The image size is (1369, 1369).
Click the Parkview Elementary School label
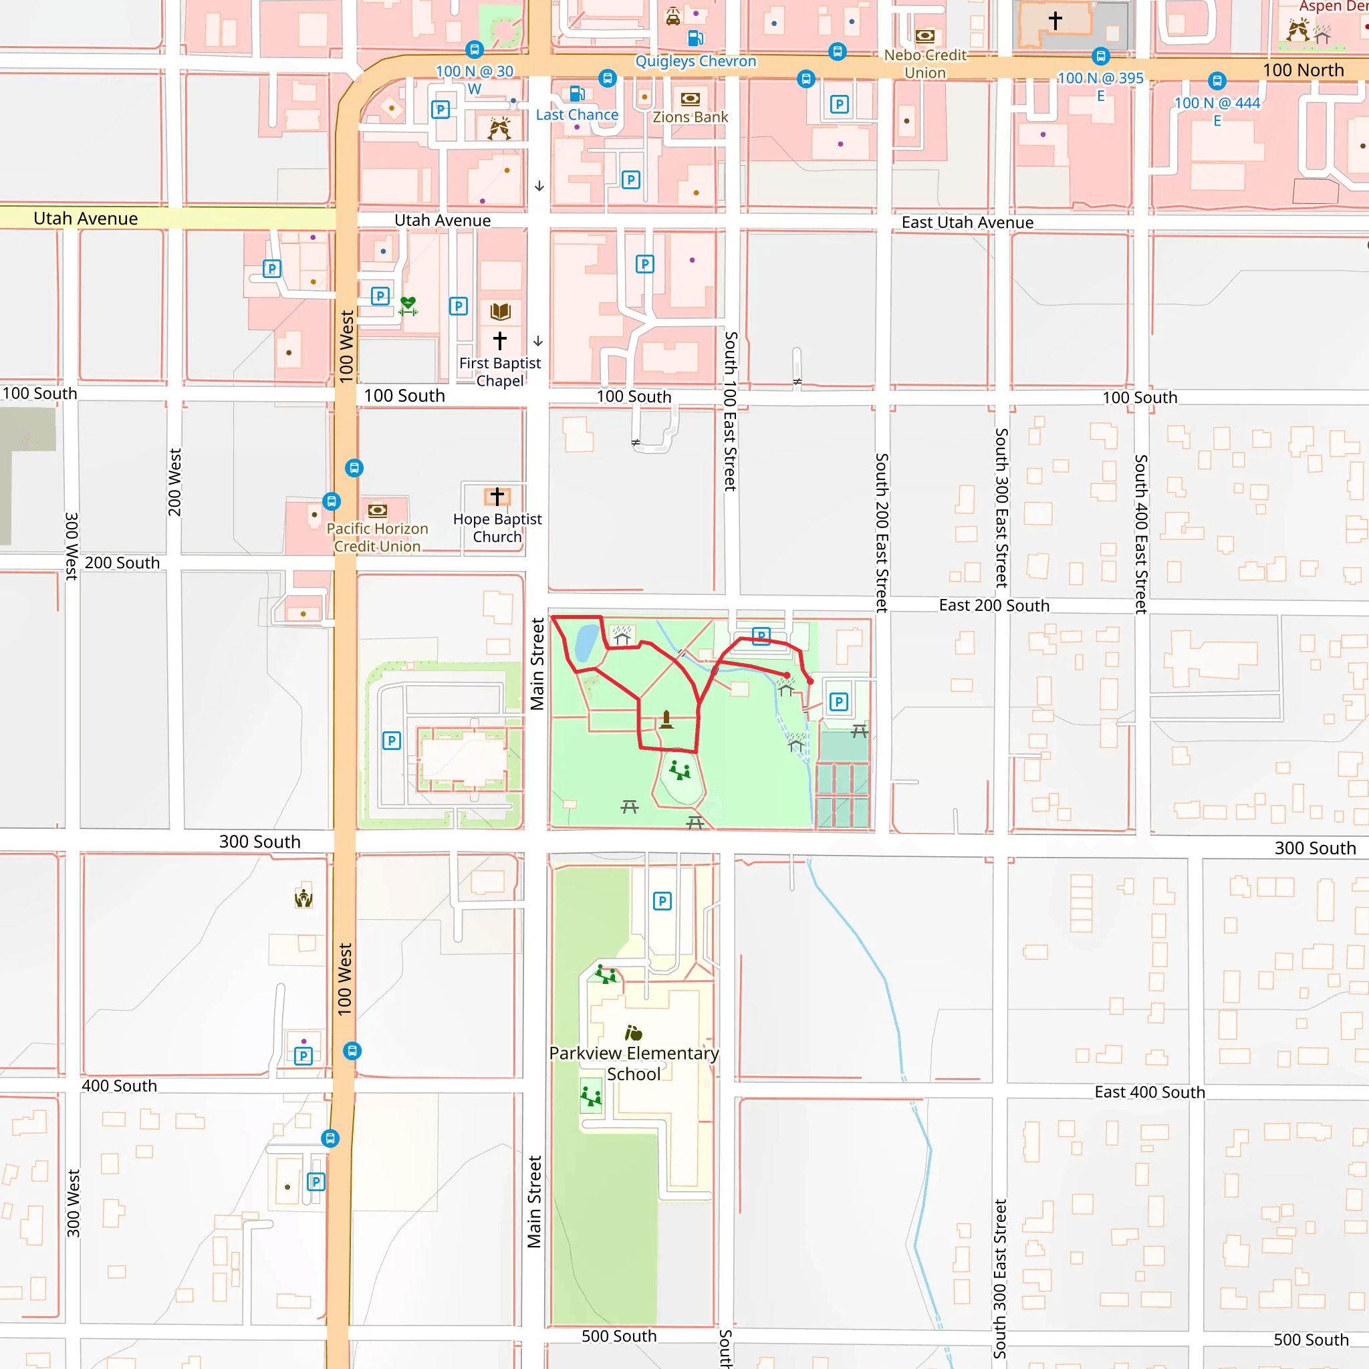(x=634, y=1064)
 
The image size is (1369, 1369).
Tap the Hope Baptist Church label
(x=497, y=528)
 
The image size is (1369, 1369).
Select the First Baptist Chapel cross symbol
(x=499, y=341)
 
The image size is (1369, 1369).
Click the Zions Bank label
(x=690, y=117)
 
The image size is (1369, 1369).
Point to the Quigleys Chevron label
(x=695, y=61)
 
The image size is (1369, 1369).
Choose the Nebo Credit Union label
(x=924, y=64)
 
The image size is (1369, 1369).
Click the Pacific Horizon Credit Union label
(x=377, y=538)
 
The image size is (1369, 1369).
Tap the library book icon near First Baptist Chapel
(x=500, y=311)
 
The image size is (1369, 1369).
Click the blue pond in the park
(x=586, y=642)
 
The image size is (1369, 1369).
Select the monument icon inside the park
(x=666, y=720)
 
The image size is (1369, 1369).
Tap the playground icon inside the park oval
(x=680, y=770)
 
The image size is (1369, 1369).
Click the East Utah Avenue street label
(x=967, y=223)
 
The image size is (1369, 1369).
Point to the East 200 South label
(x=993, y=605)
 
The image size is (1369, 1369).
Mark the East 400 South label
(x=1149, y=1092)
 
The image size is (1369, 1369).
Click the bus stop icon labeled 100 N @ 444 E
(x=1217, y=81)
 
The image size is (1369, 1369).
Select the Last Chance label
(x=577, y=115)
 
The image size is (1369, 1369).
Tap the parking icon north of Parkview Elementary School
(x=662, y=900)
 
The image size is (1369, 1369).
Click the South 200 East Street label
(x=882, y=533)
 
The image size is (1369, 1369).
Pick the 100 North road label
(x=1302, y=70)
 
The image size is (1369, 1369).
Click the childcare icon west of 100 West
(x=303, y=898)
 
